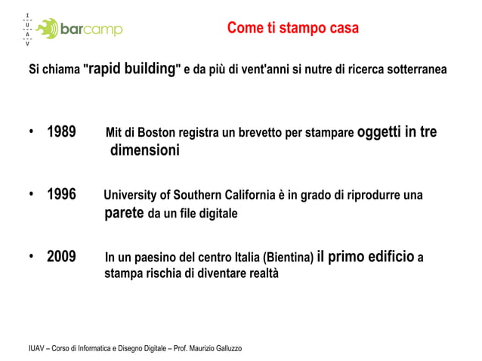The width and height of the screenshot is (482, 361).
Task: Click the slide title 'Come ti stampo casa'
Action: pyautogui.click(x=292, y=29)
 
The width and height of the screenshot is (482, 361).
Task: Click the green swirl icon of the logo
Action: pyautogui.click(x=48, y=29)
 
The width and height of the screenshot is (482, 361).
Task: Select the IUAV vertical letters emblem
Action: pyautogui.click(x=27, y=29)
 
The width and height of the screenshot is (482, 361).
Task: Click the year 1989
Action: pyautogui.click(x=61, y=133)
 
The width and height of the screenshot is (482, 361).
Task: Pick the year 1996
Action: pyautogui.click(x=61, y=195)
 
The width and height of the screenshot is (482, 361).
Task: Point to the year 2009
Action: pyautogui.click(x=61, y=256)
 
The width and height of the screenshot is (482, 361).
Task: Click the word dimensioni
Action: pyautogui.click(x=144, y=151)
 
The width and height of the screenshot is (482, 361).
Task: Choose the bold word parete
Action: pyautogui.click(x=123, y=213)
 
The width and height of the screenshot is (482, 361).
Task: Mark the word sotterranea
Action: pyautogui.click(x=417, y=69)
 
